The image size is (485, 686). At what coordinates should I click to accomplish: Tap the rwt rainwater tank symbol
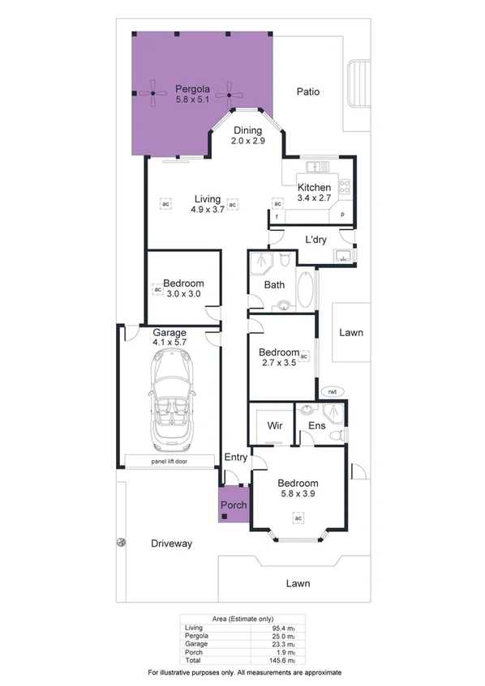coord(332,392)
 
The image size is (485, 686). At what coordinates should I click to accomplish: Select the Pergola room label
coord(192,88)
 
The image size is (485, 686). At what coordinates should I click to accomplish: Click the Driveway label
coord(171,543)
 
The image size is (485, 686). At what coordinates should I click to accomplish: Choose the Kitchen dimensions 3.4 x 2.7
coord(314,198)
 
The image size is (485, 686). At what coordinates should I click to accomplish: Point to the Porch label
coord(234,505)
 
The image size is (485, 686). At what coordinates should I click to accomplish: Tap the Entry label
coord(236,458)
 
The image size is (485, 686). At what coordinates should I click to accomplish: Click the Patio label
coord(307,92)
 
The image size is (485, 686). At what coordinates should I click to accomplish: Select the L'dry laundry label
coord(315,241)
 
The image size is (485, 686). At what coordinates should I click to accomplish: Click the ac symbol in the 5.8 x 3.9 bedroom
coord(298,496)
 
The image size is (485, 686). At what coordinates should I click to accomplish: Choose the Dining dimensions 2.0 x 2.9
coord(247,141)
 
